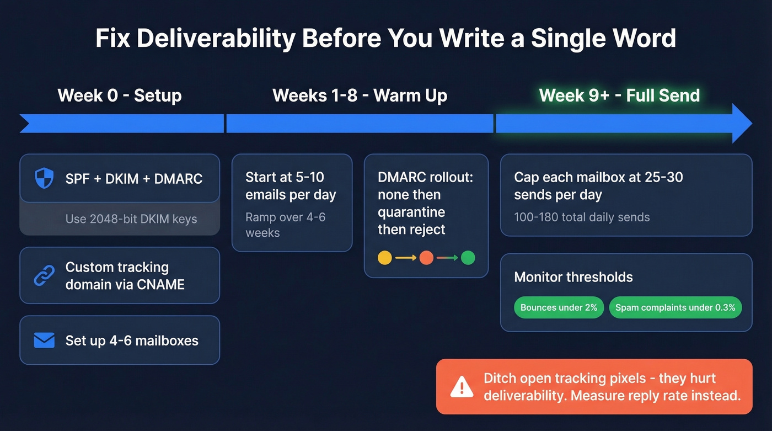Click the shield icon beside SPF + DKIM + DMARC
(45, 178)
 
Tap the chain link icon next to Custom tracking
(45, 276)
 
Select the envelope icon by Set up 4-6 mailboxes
(45, 340)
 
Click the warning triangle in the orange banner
(461, 387)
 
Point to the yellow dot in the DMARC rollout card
(385, 258)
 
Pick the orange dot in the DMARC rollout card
(426, 258)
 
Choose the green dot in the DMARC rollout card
(468, 258)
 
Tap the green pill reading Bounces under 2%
(559, 308)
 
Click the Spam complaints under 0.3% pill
(675, 308)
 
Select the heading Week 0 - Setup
(120, 95)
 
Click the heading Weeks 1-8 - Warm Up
(360, 95)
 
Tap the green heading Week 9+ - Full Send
(619, 95)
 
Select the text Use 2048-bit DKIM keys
(131, 219)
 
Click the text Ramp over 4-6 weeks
(285, 225)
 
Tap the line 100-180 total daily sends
(582, 217)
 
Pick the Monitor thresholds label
(573, 277)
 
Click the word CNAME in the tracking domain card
(160, 285)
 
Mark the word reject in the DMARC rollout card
(427, 230)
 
